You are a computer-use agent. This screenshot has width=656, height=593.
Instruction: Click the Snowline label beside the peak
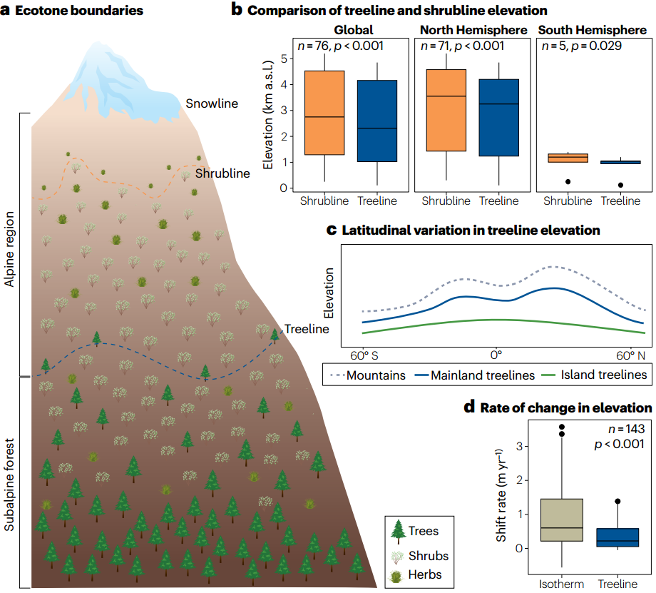(212, 103)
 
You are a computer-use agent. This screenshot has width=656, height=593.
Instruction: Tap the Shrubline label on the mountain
(222, 173)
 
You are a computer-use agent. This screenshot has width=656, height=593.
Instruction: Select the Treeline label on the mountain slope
(307, 329)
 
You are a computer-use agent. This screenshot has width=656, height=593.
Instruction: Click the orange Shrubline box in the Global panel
(324, 113)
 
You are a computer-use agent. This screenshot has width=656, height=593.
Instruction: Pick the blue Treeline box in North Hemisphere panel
(498, 117)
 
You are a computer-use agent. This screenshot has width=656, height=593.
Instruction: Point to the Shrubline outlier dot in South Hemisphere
(568, 182)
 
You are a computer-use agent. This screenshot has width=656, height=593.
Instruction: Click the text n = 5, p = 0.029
(580, 46)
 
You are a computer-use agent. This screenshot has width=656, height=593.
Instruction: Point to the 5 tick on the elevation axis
(285, 59)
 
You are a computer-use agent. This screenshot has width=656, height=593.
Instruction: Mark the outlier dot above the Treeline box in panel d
(617, 502)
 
